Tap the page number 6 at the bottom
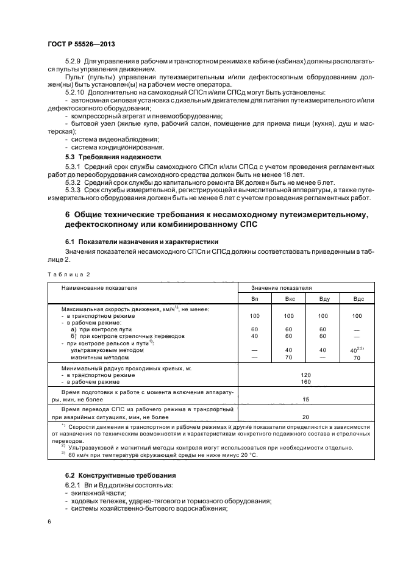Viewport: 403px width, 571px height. pos(49,522)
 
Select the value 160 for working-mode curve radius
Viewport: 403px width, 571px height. pos(305,382)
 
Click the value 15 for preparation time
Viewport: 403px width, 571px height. pos(305,399)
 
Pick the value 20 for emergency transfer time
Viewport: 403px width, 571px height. pos(305,416)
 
